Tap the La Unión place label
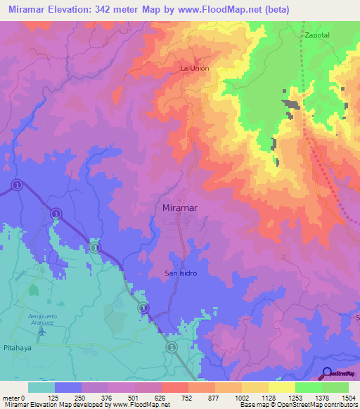[x=195, y=68]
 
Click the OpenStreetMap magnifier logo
[x=328, y=372]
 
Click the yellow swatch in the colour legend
[x=281, y=387]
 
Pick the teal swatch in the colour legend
[x=41, y=387]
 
